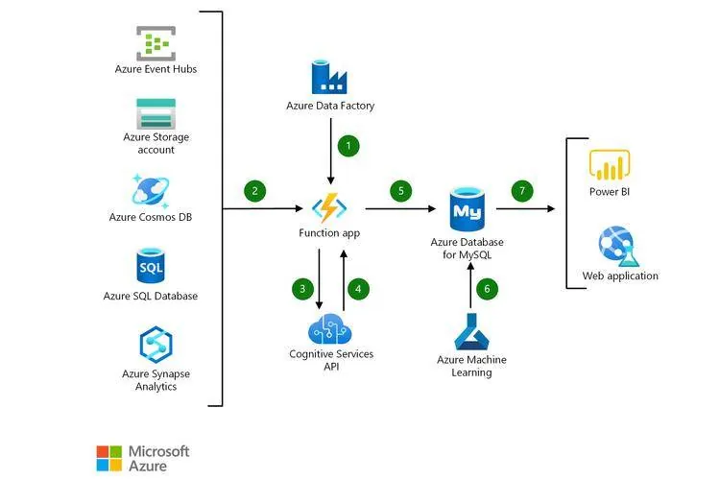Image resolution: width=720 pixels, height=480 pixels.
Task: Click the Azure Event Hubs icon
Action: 156,43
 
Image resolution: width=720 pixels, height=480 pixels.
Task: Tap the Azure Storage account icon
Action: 156,114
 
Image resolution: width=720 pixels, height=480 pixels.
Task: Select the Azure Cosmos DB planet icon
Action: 151,191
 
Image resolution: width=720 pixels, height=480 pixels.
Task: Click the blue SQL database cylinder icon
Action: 151,266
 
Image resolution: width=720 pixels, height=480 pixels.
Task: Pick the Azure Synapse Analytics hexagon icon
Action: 156,345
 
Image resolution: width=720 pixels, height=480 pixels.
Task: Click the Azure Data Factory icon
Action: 329,77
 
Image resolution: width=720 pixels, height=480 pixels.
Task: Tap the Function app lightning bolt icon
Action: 329,207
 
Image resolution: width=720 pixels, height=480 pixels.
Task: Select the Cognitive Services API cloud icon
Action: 330,329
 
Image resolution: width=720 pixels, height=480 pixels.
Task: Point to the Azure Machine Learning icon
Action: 471,331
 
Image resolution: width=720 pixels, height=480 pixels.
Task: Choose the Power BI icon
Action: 610,164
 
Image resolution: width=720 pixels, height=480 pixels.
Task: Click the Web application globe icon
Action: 618,246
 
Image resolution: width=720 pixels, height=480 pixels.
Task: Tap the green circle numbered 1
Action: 348,146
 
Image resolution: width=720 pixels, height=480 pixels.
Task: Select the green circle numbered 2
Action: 254,191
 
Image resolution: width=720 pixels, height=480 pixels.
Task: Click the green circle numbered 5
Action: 401,191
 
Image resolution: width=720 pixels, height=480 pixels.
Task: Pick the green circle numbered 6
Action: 487,289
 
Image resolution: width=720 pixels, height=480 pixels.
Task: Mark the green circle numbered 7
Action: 522,191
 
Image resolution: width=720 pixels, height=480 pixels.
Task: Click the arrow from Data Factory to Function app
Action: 330,151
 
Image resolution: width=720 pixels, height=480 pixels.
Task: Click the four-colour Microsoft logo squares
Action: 109,458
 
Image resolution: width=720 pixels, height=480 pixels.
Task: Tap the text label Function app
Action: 329,233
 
